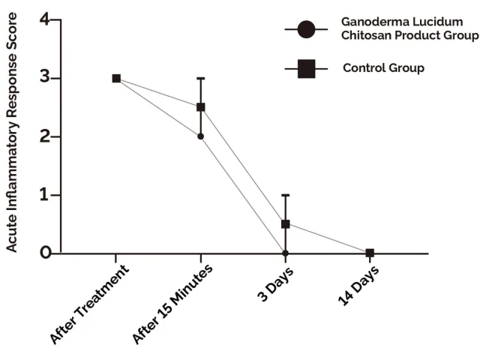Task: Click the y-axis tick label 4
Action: [44, 19]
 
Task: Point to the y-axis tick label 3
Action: [44, 78]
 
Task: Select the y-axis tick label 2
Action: [44, 136]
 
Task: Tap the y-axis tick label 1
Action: [44, 195]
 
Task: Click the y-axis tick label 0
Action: [44, 253]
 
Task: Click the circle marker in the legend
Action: [305, 30]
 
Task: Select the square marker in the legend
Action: [305, 69]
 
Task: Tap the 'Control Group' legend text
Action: [383, 68]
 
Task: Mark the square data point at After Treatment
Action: [116, 78]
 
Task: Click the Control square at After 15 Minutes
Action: [201, 107]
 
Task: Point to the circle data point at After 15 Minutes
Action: [201, 136]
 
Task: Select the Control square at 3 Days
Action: [285, 224]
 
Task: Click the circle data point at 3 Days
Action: [285, 253]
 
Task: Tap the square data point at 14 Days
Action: [370, 253]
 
